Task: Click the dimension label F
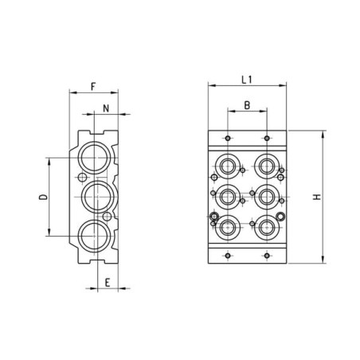click(x=93, y=87)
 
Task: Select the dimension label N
click(x=106, y=108)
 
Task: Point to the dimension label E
click(x=108, y=283)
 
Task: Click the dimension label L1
click(x=247, y=80)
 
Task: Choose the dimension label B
click(x=247, y=105)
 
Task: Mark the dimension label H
click(x=317, y=197)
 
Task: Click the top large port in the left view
click(x=95, y=158)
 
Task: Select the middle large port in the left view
click(x=98, y=197)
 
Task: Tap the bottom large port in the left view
click(x=95, y=236)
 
